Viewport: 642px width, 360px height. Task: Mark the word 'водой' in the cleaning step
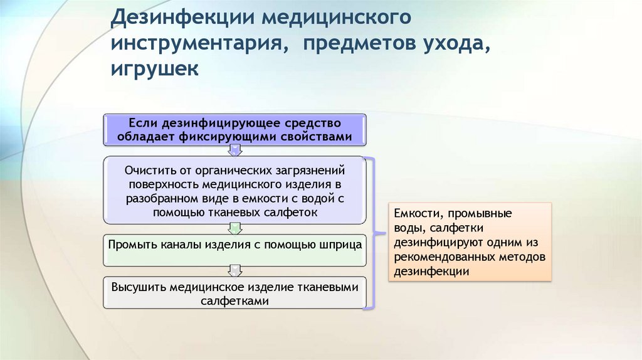click(x=313, y=198)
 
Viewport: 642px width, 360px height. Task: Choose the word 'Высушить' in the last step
click(x=137, y=287)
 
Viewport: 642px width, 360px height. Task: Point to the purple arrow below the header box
click(x=234, y=151)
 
